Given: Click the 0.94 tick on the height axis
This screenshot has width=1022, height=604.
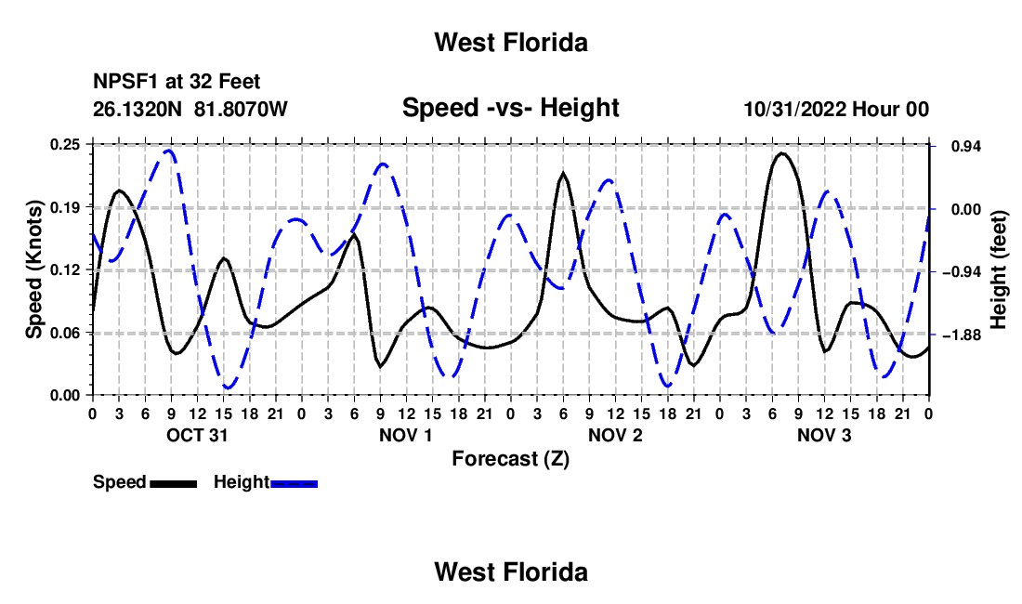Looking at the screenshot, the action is pos(966,147).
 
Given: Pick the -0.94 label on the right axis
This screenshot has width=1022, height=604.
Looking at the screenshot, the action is pos(962,272).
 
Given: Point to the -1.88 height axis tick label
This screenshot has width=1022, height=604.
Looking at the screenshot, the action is pos(962,335).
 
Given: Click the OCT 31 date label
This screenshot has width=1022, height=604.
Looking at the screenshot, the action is pos(197,435).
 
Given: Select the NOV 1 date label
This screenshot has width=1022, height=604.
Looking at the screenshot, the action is pos(405,435).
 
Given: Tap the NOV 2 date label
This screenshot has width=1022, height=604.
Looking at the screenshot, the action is pos(615,435).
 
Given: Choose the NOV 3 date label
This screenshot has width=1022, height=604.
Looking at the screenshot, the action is pos(824,435).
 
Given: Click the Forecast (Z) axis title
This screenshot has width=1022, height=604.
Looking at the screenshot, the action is pos(510,459).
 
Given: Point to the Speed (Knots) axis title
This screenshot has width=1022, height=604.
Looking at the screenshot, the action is pos(33,269).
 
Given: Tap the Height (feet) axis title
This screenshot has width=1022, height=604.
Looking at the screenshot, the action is pos(998,269).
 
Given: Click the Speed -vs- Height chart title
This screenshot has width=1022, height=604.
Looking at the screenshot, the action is pos(510,108).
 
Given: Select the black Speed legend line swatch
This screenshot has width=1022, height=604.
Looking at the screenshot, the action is pos(173,483).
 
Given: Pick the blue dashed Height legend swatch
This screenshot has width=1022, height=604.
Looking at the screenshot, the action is pos(294,483).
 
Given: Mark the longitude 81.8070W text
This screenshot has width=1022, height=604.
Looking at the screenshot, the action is pos(241,109).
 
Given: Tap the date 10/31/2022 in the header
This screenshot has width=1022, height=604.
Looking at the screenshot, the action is pos(795,109).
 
